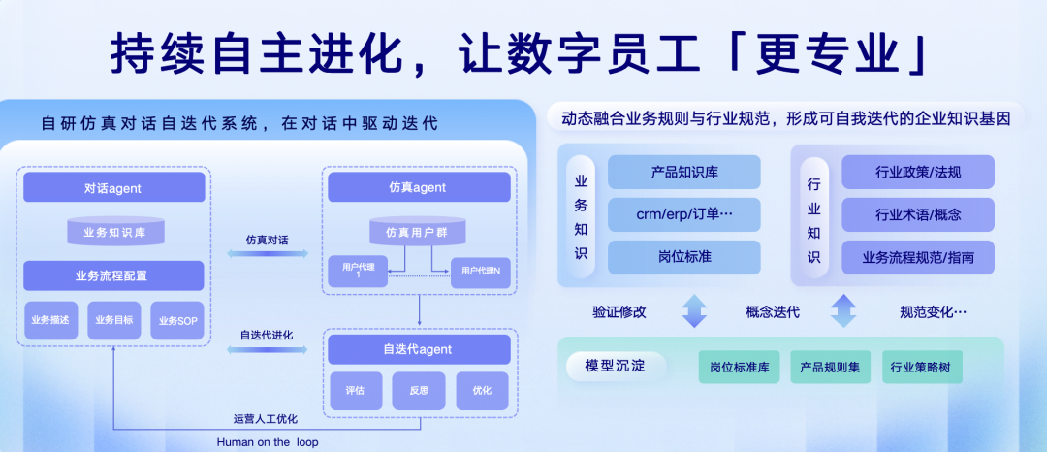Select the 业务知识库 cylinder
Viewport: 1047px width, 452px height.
[x=115, y=231]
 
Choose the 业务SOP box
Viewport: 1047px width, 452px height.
[x=177, y=320]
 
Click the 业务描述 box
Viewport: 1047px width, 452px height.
[x=50, y=320]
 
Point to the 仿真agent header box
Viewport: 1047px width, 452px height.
[x=419, y=187]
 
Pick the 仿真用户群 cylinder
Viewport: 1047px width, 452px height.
[x=419, y=231]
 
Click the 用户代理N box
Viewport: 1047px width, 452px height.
[x=480, y=272]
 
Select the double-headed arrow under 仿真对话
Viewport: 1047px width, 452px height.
[x=268, y=254]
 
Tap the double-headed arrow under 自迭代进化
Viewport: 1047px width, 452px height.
[x=268, y=349]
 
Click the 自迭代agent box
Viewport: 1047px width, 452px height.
[x=419, y=349]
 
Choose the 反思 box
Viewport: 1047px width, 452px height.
[x=419, y=391]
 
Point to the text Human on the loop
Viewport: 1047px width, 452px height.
[x=268, y=442]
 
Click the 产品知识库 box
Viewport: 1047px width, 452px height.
[x=683, y=173]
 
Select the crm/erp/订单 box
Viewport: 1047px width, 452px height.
[x=683, y=215]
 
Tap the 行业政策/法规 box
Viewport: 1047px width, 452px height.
[x=918, y=173]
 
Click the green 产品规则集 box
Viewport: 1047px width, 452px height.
[x=830, y=368]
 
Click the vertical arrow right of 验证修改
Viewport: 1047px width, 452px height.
[x=694, y=311]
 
